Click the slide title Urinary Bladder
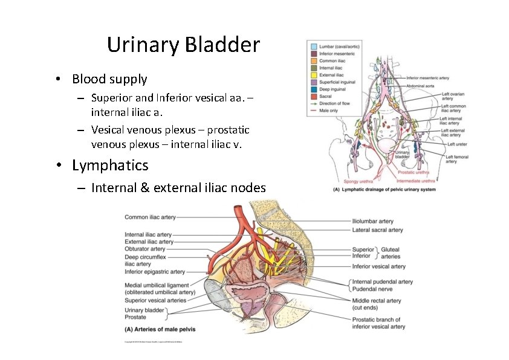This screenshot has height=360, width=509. point(183,45)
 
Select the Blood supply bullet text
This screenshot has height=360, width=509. point(109,79)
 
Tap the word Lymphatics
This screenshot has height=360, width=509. point(109,165)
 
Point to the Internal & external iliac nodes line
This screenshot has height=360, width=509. point(178,188)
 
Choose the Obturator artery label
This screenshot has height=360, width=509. point(145,249)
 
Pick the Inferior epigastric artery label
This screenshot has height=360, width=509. point(155,272)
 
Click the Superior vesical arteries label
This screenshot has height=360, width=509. point(155,300)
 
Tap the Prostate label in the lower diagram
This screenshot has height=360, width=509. point(135,317)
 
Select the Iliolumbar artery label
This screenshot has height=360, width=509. point(372,222)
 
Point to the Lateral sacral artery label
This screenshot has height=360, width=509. point(377,230)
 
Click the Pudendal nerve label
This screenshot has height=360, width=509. point(373,289)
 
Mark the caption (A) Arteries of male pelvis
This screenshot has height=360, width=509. point(160,329)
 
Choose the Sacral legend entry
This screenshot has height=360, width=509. point(326,96)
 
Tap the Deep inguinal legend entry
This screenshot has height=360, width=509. point(332,89)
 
